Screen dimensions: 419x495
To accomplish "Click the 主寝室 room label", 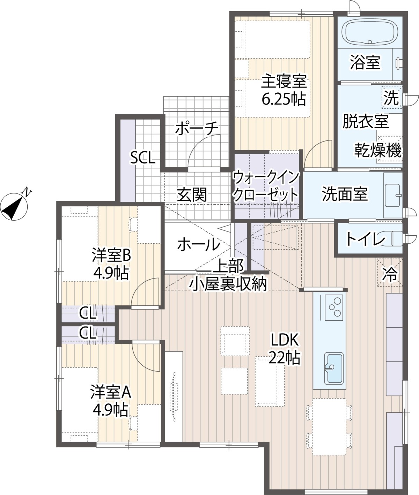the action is point(284,81).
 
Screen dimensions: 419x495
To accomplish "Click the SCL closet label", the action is point(143,158).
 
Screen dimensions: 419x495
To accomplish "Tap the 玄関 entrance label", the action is point(192,195).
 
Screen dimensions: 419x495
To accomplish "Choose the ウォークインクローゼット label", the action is point(266,186).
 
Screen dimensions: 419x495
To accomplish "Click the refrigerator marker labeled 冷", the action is point(390,273).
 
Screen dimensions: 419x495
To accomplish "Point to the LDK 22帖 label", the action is point(285,349).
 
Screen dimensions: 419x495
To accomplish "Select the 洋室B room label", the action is point(111,255).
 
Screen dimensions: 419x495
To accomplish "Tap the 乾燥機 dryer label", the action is point(378,150).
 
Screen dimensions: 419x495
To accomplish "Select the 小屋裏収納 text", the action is point(228,284).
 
